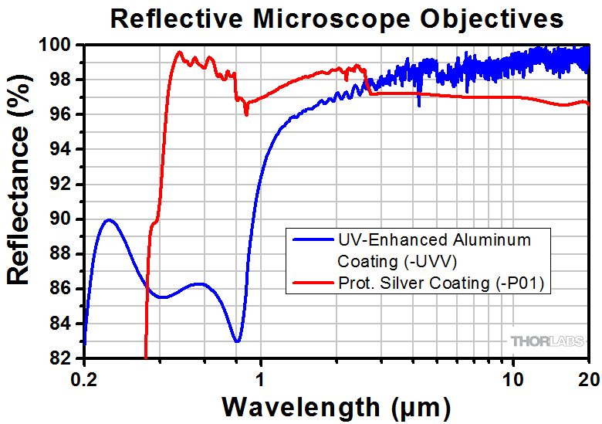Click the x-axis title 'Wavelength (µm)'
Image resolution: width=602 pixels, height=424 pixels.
(x=337, y=405)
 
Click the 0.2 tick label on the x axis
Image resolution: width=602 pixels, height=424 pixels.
(x=85, y=378)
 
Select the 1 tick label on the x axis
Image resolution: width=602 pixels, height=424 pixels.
(x=261, y=378)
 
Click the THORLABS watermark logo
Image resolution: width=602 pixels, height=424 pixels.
(x=545, y=341)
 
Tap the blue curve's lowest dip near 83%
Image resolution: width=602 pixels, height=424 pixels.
(x=238, y=341)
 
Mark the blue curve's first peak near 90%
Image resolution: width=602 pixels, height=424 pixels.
(x=109, y=220)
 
